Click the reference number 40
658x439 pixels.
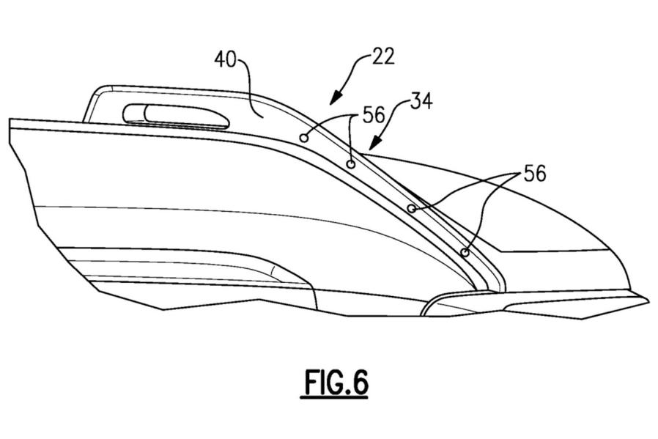[227, 59]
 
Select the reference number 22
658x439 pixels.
[382, 56]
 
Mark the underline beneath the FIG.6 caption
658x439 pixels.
[333, 398]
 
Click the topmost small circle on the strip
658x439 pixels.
[303, 137]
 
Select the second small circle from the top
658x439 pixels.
[351, 164]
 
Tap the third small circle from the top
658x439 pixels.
[412, 209]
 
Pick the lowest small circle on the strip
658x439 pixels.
[465, 253]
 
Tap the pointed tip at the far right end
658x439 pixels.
[647, 298]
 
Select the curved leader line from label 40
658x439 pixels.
[249, 81]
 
